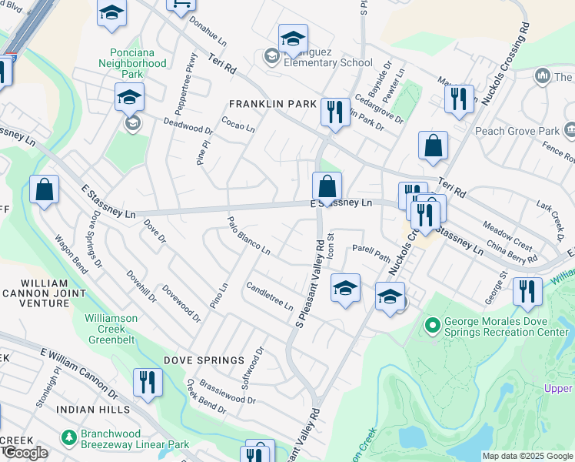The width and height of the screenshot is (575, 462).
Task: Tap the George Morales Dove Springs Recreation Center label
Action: coord(504,326)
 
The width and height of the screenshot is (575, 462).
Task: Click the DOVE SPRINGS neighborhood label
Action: coord(204,360)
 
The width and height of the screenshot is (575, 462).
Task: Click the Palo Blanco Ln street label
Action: coord(248,236)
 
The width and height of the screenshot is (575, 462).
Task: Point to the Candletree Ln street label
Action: coord(269,296)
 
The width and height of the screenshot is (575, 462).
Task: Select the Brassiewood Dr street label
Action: coord(227,390)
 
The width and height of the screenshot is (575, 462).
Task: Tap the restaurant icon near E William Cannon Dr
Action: coord(146,383)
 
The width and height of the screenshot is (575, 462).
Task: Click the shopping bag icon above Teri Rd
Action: coord(434,145)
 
